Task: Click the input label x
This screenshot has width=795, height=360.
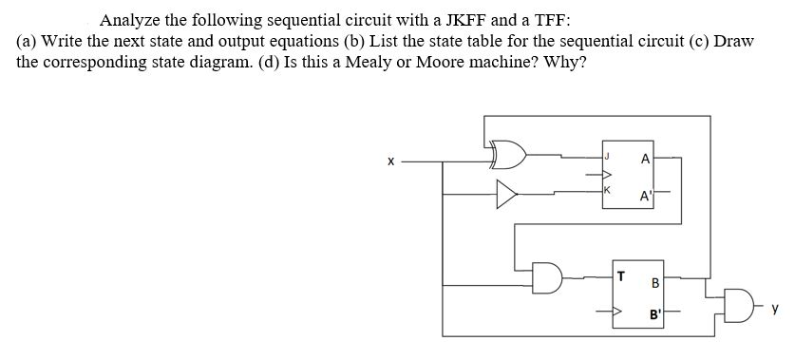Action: click(389, 162)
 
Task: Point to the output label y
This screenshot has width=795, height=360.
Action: click(776, 307)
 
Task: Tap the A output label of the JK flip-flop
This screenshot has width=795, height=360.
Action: click(647, 160)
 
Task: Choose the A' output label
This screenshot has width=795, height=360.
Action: click(647, 197)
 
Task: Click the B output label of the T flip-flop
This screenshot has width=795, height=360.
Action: click(654, 282)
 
